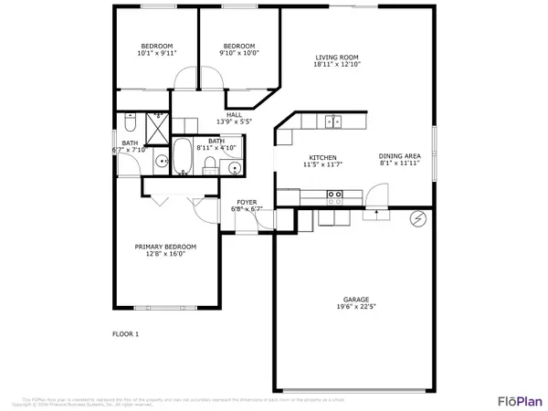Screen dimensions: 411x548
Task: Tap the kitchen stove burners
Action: tap(334, 194)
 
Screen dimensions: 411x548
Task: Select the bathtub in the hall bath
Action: tap(182, 155)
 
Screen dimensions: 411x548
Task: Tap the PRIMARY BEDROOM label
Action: tap(165, 247)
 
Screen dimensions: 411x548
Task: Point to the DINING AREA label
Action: tap(399, 155)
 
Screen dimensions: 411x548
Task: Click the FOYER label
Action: tap(248, 201)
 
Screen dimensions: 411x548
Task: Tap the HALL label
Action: tap(233, 114)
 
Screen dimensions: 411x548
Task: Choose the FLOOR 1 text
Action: tap(125, 334)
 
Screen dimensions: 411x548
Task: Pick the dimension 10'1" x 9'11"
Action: tap(157, 54)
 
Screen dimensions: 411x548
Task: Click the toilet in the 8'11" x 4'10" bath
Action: tap(210, 165)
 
